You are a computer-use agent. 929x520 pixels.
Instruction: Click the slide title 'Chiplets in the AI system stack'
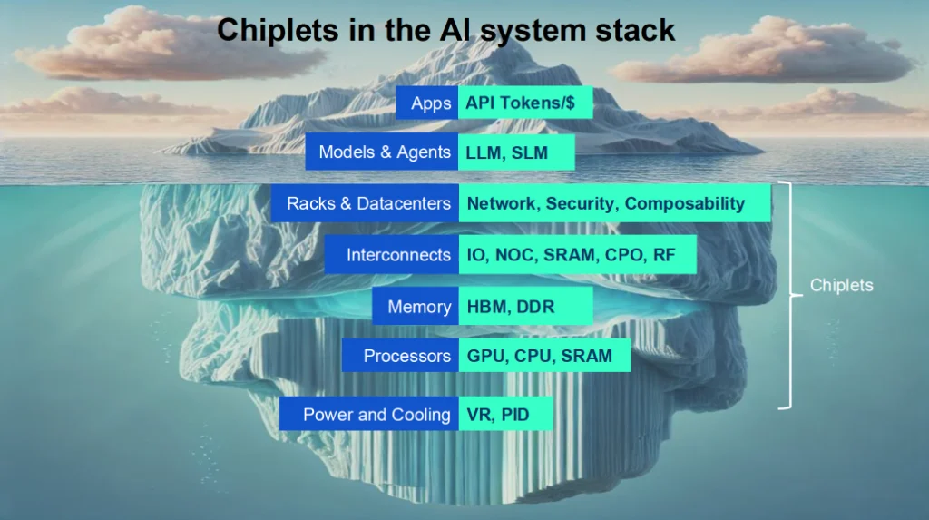[x=445, y=30]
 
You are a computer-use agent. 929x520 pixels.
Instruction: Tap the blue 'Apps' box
[x=427, y=103]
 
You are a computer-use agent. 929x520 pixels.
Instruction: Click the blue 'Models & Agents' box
[x=382, y=152]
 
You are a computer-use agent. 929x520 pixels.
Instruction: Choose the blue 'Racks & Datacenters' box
[x=365, y=203]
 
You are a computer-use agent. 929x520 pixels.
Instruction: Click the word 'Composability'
[x=684, y=203]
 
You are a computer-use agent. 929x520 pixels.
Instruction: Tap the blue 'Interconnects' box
[x=392, y=255]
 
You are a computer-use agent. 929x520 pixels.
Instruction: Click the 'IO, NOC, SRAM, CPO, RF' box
[x=577, y=255]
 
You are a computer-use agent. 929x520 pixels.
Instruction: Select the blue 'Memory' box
[x=416, y=307]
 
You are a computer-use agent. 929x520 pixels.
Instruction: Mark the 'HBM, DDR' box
[x=525, y=307]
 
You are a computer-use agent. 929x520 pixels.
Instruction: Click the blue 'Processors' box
[x=400, y=356]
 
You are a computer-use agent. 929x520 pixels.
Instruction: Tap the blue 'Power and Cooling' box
[x=369, y=415]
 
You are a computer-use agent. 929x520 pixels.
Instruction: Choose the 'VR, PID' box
[x=505, y=415]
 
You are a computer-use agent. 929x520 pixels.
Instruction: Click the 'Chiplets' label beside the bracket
[x=842, y=285]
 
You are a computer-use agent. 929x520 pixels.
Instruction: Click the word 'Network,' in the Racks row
[x=501, y=203]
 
